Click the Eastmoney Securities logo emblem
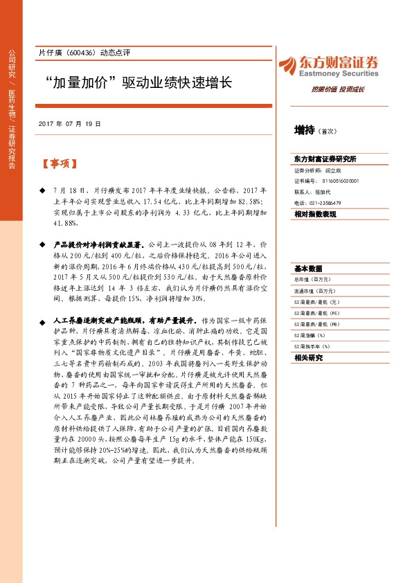pyautogui.click(x=289, y=64)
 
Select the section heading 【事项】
pyautogui.click(x=59, y=164)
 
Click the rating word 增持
pyautogui.click(x=305, y=129)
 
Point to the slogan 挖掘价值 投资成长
pyautogui.click(x=339, y=89)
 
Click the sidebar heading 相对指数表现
pyautogui.click(x=315, y=215)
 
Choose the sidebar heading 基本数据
pyautogui.click(x=308, y=268)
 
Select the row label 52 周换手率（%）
pyautogui.click(x=312, y=346)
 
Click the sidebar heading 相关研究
pyautogui.click(x=308, y=358)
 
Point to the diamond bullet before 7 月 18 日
pyautogui.click(x=43, y=189)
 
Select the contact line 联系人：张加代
pyautogui.click(x=312, y=192)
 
